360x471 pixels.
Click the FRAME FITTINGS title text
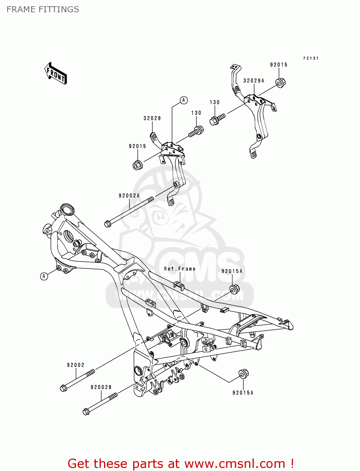pos(43,9)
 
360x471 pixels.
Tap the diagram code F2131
pos(311,58)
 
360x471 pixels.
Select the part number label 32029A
pos(254,81)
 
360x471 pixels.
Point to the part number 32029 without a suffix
pos(152,118)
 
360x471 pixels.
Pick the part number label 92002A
pos(129,196)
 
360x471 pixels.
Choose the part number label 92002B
pos(101,387)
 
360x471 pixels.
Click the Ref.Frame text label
pos(180,269)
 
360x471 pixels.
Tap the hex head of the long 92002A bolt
pos(107,224)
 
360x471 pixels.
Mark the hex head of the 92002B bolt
pos(86,411)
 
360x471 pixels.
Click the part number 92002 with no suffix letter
pos(76,365)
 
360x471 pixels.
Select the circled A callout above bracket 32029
pos(184,100)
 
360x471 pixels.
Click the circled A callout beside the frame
pos(44,276)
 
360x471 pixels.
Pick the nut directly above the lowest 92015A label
pos(243,374)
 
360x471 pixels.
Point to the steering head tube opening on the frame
pos(67,209)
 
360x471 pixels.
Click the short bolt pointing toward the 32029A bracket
pos(217,119)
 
